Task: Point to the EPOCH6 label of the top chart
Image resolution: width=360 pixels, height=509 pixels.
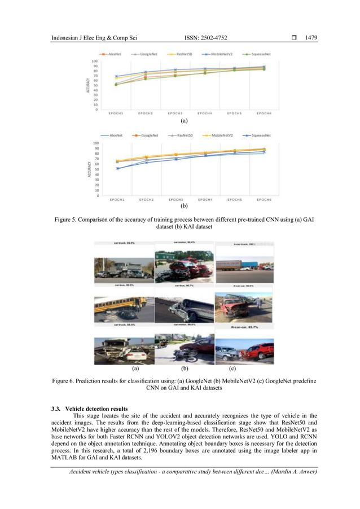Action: coord(264,113)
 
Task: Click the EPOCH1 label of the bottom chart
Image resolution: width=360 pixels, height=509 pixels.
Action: coord(117,200)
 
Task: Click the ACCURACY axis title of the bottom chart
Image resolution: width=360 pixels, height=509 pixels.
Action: coord(89,170)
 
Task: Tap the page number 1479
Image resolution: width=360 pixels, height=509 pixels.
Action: coord(311,38)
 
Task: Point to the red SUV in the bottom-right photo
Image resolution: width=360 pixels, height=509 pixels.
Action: coord(257,351)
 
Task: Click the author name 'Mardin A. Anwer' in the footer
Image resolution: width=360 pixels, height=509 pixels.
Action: coord(292,472)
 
